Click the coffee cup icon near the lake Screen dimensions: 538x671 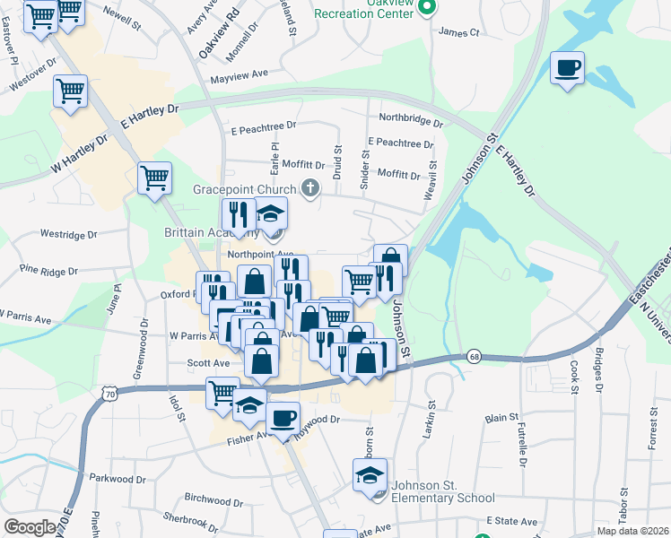tap(566, 68)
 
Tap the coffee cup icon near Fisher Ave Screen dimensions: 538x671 tap(284, 418)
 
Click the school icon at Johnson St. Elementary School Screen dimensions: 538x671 tap(369, 475)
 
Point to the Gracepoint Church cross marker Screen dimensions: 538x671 tap(310, 188)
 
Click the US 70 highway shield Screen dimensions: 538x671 tap(109, 392)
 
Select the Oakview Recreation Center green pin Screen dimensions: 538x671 tap(427, 9)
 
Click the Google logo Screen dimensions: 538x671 tap(30, 526)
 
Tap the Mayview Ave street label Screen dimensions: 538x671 tap(240, 75)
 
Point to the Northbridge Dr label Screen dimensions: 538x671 tap(411, 119)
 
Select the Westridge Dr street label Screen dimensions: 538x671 tap(68, 234)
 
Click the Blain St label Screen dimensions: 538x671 tap(501, 418)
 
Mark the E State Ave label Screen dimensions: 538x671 tap(511, 521)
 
